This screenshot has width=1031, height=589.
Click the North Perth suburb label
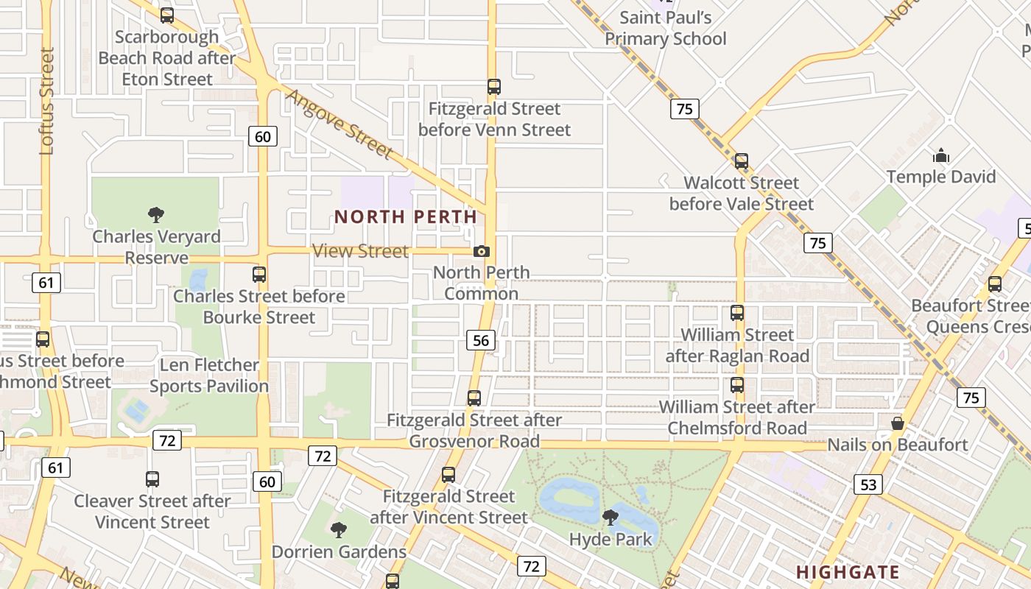click(x=406, y=216)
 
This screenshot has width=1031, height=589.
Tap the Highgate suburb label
click(x=848, y=572)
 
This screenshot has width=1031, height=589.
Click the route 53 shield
click(x=868, y=484)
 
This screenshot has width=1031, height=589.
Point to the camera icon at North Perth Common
click(x=481, y=251)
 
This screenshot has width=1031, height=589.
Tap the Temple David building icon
click(x=940, y=155)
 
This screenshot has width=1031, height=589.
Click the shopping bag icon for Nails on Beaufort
click(x=897, y=423)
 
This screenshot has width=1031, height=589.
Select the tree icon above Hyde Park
click(x=610, y=518)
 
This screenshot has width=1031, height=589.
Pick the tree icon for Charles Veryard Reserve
click(x=155, y=215)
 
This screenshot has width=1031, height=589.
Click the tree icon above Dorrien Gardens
click(x=339, y=530)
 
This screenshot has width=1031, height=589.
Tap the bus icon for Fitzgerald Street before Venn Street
click(x=494, y=87)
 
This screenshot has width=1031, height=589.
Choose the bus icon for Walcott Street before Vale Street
click(x=742, y=161)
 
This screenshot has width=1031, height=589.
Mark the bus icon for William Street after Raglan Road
click(x=737, y=313)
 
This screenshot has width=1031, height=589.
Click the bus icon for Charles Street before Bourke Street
click(x=258, y=275)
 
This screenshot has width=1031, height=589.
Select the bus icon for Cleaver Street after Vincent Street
click(x=152, y=479)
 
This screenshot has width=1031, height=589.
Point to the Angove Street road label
click(x=339, y=124)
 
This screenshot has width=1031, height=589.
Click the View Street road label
click(x=360, y=251)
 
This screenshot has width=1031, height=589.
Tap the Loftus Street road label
click(x=47, y=101)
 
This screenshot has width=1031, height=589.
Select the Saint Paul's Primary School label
click(x=666, y=28)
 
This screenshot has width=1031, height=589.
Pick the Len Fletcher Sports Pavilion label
click(x=209, y=375)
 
